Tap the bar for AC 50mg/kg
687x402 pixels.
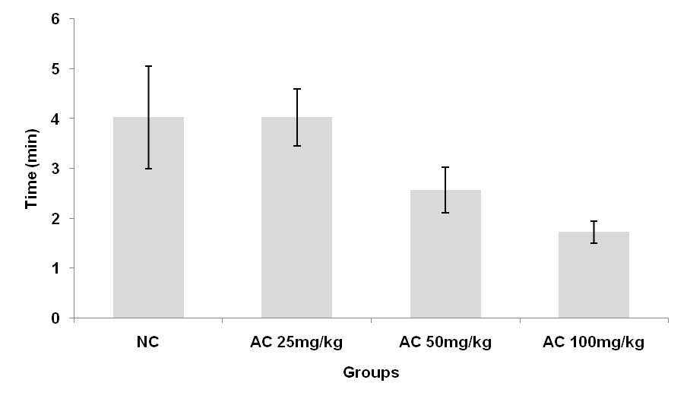pyautogui.click(x=445, y=255)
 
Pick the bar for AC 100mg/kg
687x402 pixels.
pyautogui.click(x=594, y=275)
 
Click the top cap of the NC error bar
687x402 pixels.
pyautogui.click(x=148, y=66)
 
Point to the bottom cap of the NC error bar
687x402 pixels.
pyautogui.click(x=148, y=169)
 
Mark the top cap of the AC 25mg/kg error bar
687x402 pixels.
pyautogui.click(x=296, y=89)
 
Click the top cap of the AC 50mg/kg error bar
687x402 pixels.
pyautogui.click(x=445, y=167)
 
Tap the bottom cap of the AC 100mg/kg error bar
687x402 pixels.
pyautogui.click(x=594, y=243)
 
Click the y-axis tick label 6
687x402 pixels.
pyautogui.click(x=55, y=19)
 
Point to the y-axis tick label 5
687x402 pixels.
pyautogui.click(x=55, y=69)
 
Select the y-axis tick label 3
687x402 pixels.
pyautogui.click(x=55, y=169)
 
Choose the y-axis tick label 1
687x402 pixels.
pyautogui.click(x=55, y=268)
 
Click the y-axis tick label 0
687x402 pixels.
pyautogui.click(x=55, y=318)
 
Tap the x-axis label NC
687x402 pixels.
pyautogui.click(x=148, y=342)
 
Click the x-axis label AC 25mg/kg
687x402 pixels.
pyautogui.click(x=296, y=342)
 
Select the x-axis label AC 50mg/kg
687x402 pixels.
pyautogui.click(x=445, y=342)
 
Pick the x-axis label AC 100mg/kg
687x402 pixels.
pyautogui.click(x=594, y=342)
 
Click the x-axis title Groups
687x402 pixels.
pyautogui.click(x=371, y=373)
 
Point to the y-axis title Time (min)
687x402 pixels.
pyautogui.click(x=32, y=168)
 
